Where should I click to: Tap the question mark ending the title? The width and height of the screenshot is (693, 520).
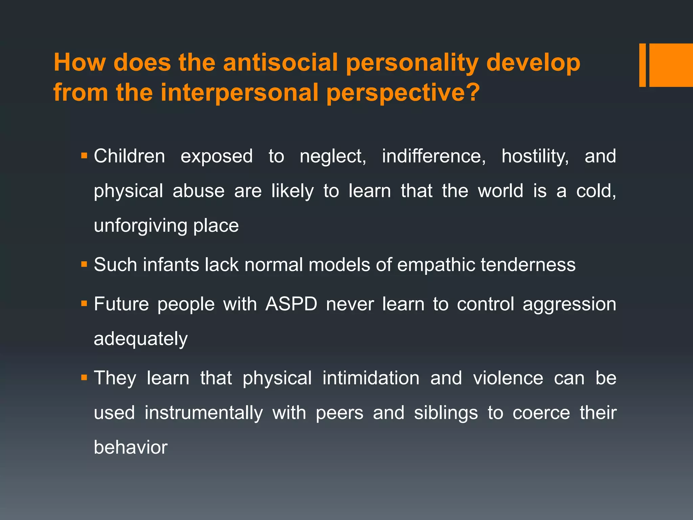point(472,92)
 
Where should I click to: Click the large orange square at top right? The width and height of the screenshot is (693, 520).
point(671,65)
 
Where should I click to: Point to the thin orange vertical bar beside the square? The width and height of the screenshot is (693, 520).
point(642,65)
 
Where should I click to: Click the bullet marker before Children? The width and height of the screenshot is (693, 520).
point(84,156)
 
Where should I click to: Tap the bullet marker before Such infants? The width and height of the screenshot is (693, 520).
point(84,264)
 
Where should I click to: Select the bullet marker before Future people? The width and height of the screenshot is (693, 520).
point(84,304)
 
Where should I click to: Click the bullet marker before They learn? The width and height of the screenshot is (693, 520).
point(84,378)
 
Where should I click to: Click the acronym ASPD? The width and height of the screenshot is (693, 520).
point(291,304)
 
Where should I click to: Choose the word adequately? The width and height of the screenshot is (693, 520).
point(140,339)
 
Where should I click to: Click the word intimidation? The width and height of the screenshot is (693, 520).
point(371,378)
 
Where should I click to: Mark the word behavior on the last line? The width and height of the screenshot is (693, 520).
point(131,448)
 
